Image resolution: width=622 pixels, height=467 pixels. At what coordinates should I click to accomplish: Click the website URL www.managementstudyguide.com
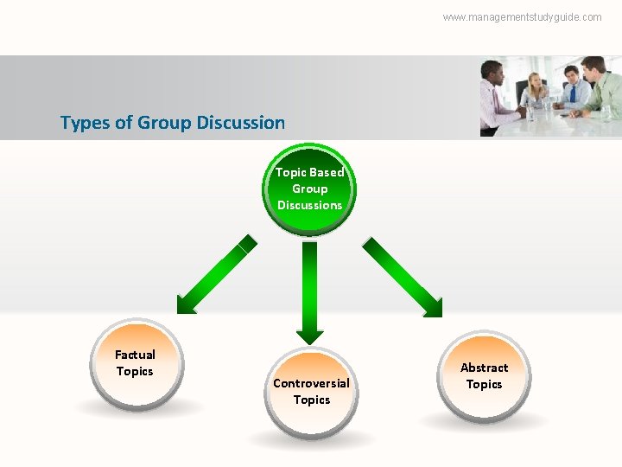tap(522, 17)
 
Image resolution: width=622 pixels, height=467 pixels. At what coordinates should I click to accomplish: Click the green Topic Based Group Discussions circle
tap(309, 189)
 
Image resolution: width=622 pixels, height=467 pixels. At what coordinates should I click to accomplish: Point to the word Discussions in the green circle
tap(309, 206)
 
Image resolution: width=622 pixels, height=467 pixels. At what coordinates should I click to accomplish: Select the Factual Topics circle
tap(135, 364)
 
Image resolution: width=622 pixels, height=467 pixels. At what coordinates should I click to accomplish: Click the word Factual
tap(135, 355)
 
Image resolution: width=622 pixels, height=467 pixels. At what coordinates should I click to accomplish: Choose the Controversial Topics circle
tap(311, 392)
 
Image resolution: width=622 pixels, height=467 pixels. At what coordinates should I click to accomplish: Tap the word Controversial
tap(311, 383)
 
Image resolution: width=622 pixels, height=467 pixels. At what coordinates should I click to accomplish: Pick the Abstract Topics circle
tap(484, 376)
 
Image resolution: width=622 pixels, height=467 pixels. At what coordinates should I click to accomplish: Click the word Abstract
tap(484, 368)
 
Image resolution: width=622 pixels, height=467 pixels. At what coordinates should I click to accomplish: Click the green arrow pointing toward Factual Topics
tap(216, 275)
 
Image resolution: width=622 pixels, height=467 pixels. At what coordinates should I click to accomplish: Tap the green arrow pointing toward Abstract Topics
tap(403, 277)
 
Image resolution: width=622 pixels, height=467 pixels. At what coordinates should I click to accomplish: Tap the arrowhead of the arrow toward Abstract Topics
tap(432, 307)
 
